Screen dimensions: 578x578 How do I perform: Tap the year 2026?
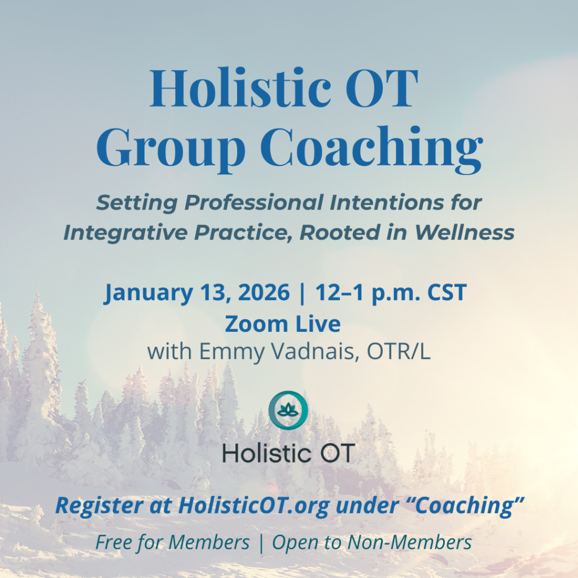[262, 293]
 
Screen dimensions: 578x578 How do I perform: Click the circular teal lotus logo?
[288, 410]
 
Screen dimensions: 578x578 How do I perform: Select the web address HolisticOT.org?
[254, 506]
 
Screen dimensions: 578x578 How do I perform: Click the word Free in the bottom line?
[114, 542]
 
